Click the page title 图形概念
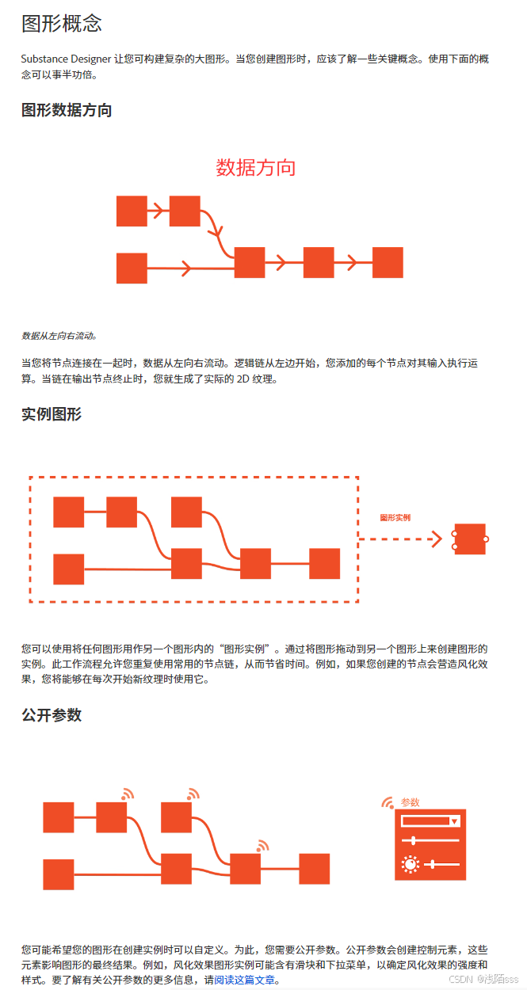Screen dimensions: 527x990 click(62, 23)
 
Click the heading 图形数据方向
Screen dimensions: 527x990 click(67, 111)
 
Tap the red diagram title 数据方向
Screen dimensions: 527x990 click(256, 168)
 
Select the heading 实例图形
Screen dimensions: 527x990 click(52, 414)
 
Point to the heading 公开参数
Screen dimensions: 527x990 click(52, 715)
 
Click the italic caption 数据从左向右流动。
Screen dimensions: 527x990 click(59, 336)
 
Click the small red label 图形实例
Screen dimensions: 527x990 click(395, 518)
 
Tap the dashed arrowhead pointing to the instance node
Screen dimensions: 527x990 click(435, 539)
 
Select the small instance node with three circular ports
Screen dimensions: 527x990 click(470, 539)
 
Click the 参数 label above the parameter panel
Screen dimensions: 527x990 click(410, 802)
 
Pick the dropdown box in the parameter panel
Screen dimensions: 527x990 click(430, 821)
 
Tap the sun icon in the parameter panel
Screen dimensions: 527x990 click(410, 864)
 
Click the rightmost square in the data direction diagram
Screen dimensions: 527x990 click(388, 262)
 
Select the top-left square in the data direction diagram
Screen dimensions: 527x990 click(132, 211)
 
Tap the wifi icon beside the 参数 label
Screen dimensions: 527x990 click(388, 802)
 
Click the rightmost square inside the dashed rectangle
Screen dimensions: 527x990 click(324, 564)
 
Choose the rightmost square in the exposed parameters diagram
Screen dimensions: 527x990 click(314, 869)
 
